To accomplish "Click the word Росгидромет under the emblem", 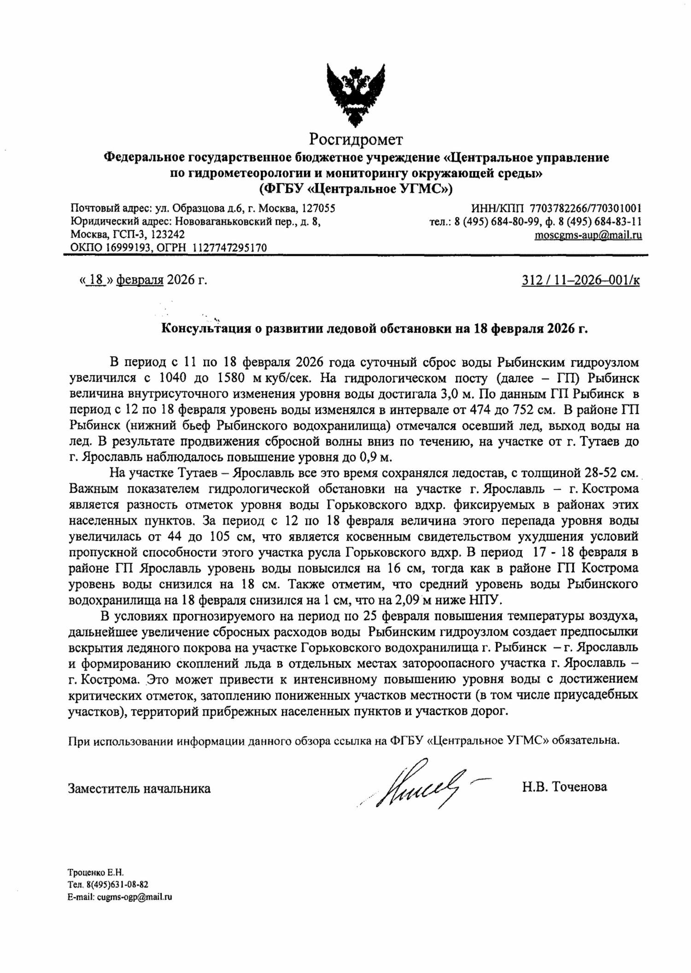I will pyautogui.click(x=356, y=139).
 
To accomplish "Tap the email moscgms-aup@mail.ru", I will pyautogui.click(x=588, y=236).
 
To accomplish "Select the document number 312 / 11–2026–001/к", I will pyautogui.click(x=580, y=280).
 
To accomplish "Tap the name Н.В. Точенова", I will pyautogui.click(x=565, y=787).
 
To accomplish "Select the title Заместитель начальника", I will pyautogui.click(x=139, y=788).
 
